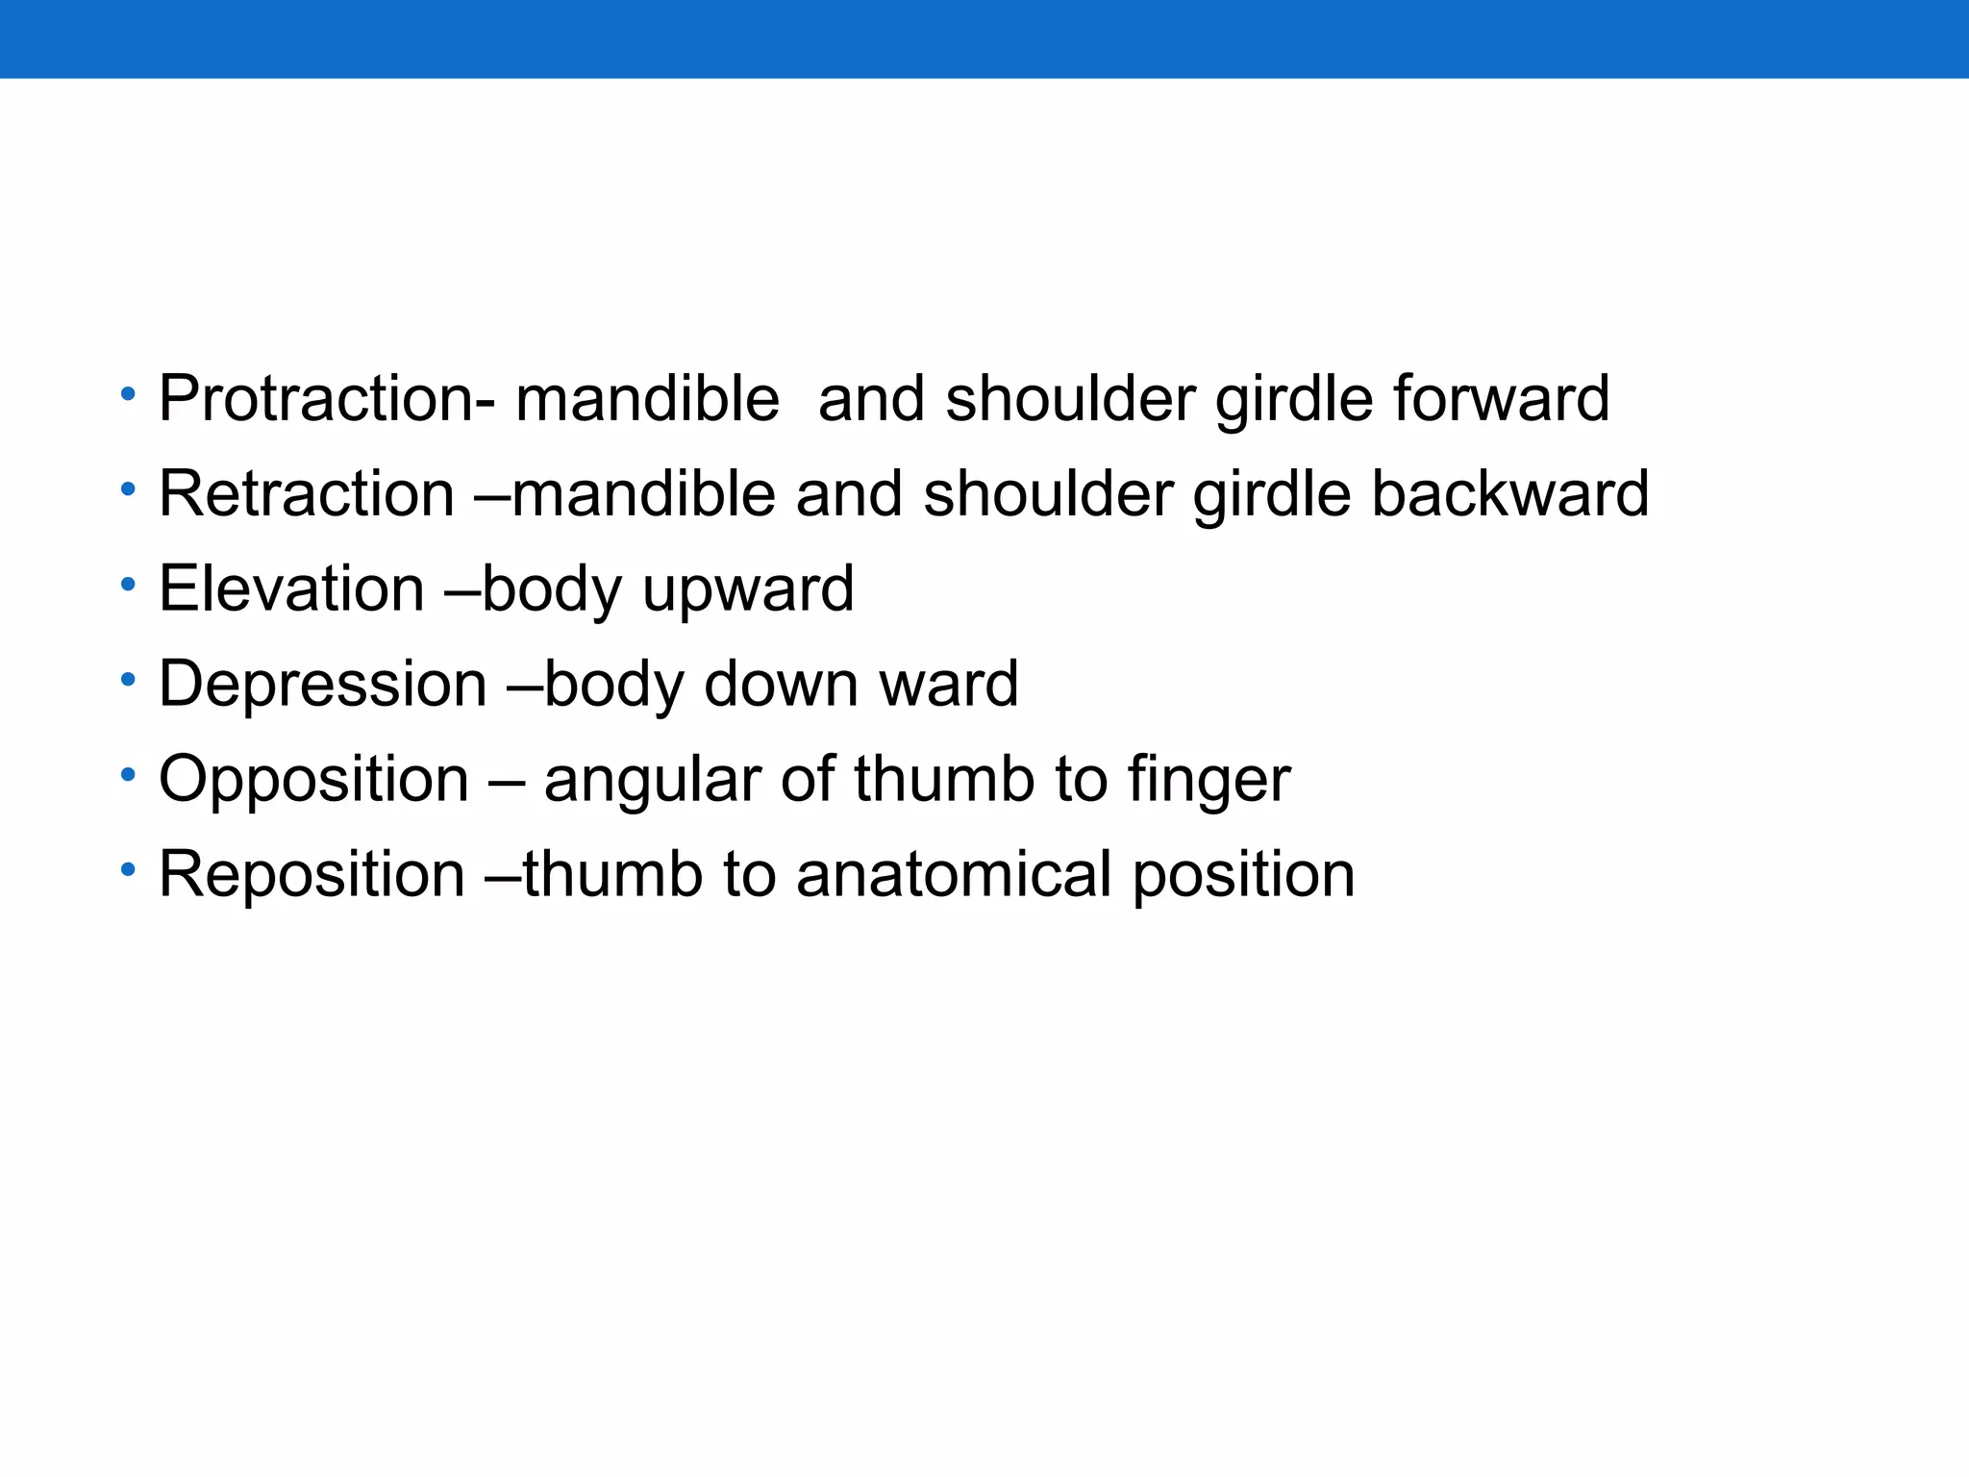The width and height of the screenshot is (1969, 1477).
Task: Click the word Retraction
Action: [x=307, y=493]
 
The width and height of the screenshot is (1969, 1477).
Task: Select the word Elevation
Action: [x=291, y=588]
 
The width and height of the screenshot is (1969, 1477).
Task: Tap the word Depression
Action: [x=323, y=684]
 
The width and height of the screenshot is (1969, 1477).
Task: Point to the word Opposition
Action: [x=313, y=779]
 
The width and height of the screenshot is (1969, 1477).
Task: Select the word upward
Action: [x=748, y=588]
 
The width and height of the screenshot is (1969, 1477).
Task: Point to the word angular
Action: [x=653, y=781]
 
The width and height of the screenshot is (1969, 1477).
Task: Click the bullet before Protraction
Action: [x=128, y=394]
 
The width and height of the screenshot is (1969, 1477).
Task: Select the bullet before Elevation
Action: [x=128, y=585]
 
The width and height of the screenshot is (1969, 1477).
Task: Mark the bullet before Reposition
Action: [x=128, y=870]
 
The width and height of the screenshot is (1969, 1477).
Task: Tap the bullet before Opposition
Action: [x=128, y=775]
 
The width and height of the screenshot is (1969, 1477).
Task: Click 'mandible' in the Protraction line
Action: [x=647, y=398]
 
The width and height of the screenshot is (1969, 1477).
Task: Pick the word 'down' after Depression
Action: [x=781, y=684]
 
